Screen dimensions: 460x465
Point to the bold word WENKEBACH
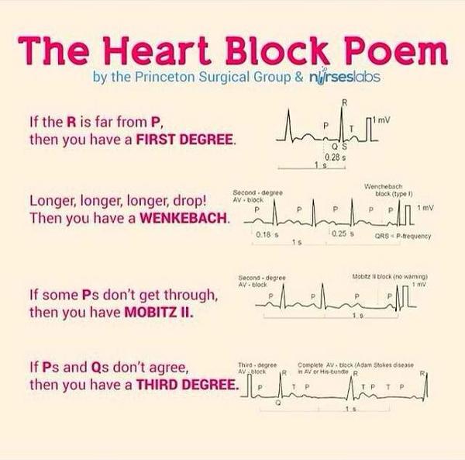pyautogui.click(x=184, y=218)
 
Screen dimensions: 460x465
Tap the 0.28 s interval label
pyautogui.click(x=336, y=157)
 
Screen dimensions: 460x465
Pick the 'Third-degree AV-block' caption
pyautogui.click(x=257, y=366)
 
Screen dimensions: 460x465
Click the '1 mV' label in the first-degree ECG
pyautogui.click(x=384, y=116)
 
